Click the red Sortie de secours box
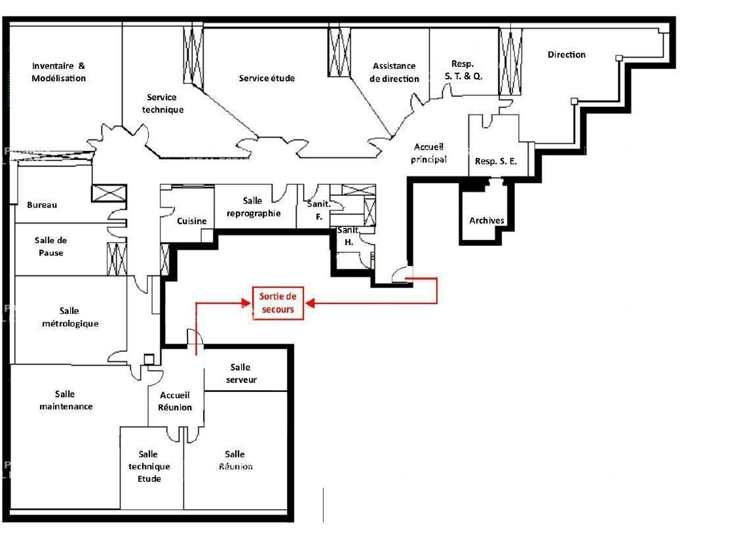point(278,303)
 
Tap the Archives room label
point(487,220)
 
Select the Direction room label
point(567,54)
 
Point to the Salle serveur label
point(241,374)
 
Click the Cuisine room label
point(192,221)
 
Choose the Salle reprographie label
point(252,207)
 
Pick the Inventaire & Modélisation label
point(59,72)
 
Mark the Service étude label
point(267,78)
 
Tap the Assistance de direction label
point(394,72)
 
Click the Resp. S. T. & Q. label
point(464,69)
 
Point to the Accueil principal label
point(429,153)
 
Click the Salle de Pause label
point(51,246)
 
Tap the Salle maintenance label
point(66,400)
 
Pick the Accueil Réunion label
point(176,401)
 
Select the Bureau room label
point(42,205)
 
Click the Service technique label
point(162,104)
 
